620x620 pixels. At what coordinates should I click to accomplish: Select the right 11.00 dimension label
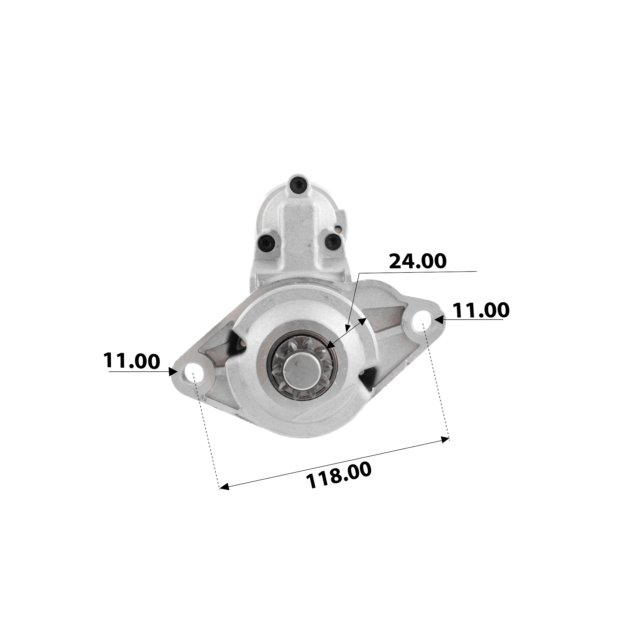point(480,310)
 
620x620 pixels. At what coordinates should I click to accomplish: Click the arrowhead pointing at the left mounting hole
point(174,372)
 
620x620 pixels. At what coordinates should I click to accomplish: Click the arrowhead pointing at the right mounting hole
point(439,320)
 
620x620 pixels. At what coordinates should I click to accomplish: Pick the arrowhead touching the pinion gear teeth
point(330,345)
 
